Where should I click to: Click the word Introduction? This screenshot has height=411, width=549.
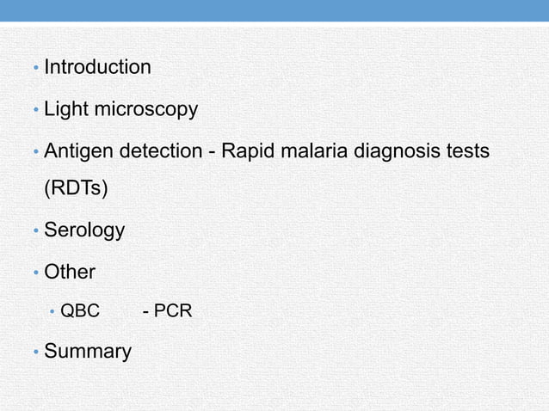click(97, 67)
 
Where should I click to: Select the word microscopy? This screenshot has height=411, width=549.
click(146, 110)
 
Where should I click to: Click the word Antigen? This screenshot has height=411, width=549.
click(78, 151)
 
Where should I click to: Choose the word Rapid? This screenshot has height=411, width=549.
click(249, 151)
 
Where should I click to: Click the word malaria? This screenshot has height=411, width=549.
click(313, 151)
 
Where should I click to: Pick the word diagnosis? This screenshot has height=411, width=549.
click(392, 152)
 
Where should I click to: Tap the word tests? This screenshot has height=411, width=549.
click(466, 151)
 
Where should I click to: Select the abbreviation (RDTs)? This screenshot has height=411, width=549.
click(76, 189)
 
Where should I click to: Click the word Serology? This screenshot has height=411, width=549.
click(83, 231)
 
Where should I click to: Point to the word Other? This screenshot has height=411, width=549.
click(69, 273)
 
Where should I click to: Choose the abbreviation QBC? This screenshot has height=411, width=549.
click(79, 310)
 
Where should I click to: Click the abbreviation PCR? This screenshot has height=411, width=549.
click(171, 310)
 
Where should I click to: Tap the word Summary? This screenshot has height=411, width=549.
click(87, 352)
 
